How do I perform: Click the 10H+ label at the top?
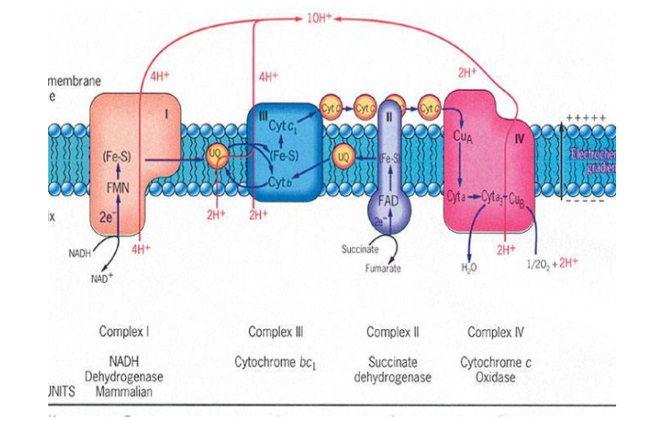(x=319, y=18)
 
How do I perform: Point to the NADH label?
(x=81, y=254)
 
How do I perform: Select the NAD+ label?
(x=104, y=279)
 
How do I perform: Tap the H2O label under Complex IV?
(x=468, y=268)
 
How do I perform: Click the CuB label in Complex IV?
(x=515, y=196)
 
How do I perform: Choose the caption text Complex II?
(x=394, y=333)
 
